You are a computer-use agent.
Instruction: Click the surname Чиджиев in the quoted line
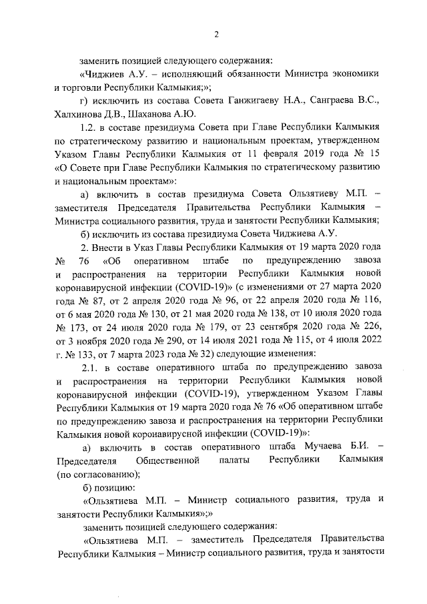click(105, 75)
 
